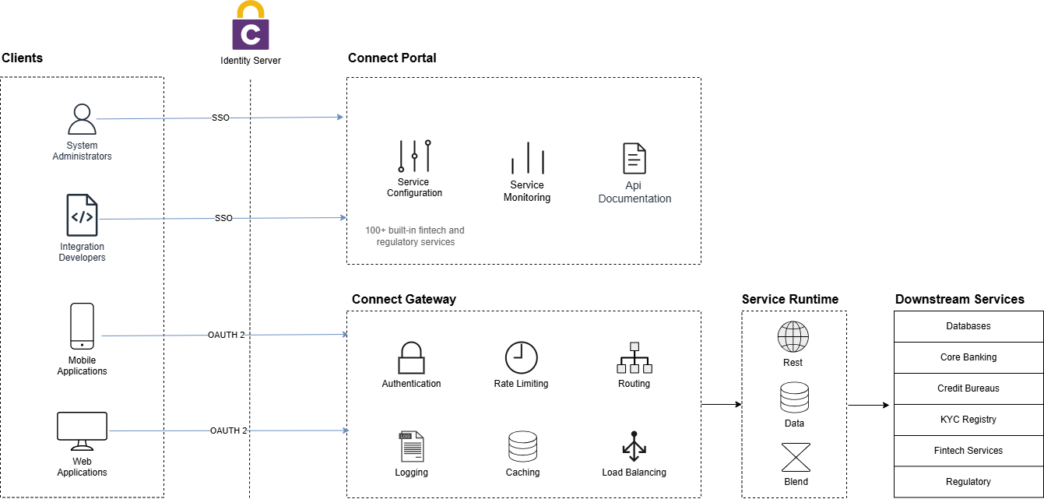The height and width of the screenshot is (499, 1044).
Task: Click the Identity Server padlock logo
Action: coord(250,27)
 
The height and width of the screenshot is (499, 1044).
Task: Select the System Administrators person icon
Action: coord(82,120)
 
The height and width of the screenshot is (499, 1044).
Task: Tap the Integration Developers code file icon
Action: coord(82,216)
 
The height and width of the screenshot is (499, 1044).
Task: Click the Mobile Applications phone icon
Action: coord(82,326)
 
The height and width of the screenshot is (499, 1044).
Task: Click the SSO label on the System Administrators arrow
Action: coord(220,118)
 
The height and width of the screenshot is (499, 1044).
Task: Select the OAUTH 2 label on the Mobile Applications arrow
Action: coord(226,335)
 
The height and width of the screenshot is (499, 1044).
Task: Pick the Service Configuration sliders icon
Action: coord(414,156)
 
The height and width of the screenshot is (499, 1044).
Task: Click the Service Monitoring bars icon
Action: coord(527,158)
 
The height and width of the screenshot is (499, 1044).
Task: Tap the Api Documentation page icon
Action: coord(634,158)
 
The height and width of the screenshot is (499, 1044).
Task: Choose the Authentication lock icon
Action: coord(411,358)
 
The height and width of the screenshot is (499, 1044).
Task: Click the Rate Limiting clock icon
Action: coord(521,357)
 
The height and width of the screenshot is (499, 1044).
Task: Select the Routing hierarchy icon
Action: coord(634,358)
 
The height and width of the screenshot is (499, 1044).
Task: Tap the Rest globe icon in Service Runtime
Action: coord(793,337)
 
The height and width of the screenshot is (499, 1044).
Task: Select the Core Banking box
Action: coord(968,357)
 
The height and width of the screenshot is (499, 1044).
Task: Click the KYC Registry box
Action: coord(968,420)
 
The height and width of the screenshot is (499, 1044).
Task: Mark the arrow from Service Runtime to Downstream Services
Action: coord(868,405)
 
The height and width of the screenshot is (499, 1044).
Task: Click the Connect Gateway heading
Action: coord(403,299)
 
